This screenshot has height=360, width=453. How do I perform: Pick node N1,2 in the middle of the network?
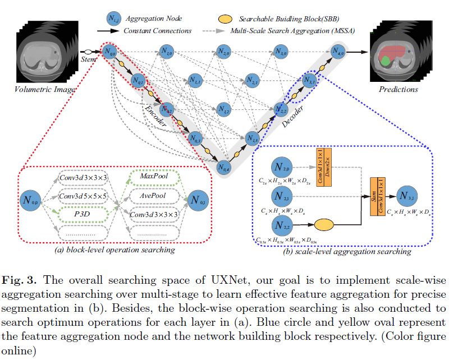coord(223,109)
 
